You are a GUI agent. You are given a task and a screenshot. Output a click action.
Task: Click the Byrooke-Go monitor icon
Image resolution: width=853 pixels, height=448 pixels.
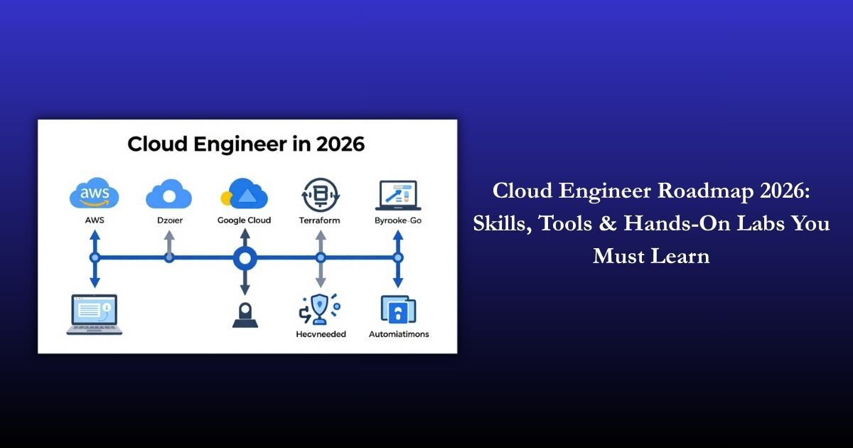coord(398,196)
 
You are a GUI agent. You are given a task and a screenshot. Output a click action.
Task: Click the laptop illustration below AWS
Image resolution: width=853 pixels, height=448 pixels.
coord(93,314)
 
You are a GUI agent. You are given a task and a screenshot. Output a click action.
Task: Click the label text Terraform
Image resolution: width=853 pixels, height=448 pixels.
coord(320,220)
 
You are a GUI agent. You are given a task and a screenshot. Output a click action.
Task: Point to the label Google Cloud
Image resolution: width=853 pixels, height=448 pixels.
coord(245,220)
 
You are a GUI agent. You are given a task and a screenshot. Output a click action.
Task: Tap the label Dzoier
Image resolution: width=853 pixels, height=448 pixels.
coord(169,220)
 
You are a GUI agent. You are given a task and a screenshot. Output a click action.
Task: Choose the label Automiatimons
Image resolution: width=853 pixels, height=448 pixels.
coord(399,334)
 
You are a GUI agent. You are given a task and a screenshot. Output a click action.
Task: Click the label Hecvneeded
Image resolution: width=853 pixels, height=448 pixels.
coord(320,334)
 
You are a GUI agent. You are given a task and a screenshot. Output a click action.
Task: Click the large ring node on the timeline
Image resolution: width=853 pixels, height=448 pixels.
coord(245,257)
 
